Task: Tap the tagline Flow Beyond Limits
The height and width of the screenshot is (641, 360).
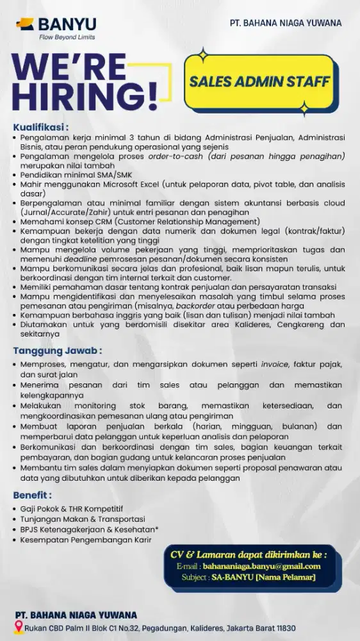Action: coord(67,37)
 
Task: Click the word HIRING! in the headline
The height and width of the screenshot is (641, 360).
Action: coord(85,97)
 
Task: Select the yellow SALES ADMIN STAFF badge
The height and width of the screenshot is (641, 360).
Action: coord(259,81)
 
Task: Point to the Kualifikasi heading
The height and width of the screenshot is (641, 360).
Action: coord(40,127)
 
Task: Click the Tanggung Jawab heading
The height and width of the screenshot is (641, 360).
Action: coord(57,351)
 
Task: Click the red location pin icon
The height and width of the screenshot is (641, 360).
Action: coord(19,629)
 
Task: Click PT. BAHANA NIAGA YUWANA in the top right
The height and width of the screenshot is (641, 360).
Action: coord(286,23)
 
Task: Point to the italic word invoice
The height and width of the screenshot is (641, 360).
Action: coord(274,364)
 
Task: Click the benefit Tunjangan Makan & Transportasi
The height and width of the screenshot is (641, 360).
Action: coord(83,519)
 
